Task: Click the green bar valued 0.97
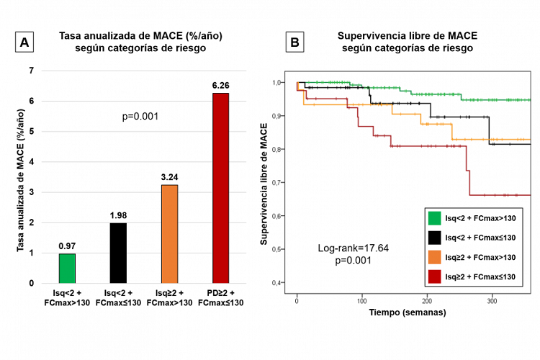pyautogui.click(x=67, y=268)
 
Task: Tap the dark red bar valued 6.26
pyautogui.click(x=220, y=188)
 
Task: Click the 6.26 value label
pyautogui.click(x=220, y=86)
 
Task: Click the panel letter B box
pyautogui.click(x=294, y=43)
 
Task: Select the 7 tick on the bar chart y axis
pyautogui.click(x=31, y=71)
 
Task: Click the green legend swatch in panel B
pyautogui.click(x=435, y=218)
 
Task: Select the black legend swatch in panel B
pyautogui.click(x=435, y=237)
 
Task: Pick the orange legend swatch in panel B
pyautogui.click(x=435, y=256)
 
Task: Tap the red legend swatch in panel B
pyautogui.click(x=435, y=276)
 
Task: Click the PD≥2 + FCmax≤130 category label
pyautogui.click(x=220, y=297)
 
